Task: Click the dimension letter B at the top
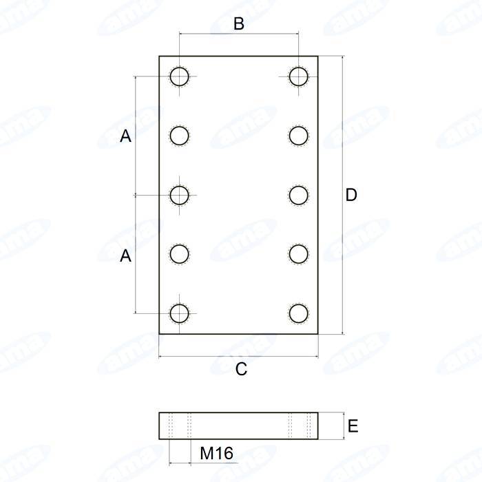pos(239,23)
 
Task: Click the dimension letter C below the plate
pos(241,369)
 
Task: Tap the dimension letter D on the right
pos(351,195)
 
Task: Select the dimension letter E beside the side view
pos(353,426)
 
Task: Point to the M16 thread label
pos(216,453)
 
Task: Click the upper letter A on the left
pos(125,136)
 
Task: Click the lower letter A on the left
pos(125,255)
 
